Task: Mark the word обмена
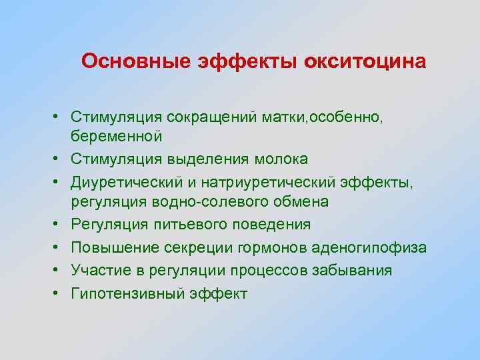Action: click(301, 201)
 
